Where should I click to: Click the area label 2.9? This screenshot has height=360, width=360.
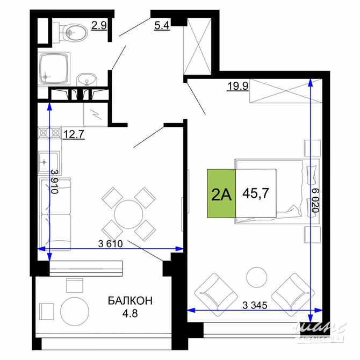click(x=98, y=25)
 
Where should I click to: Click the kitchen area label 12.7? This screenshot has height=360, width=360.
click(x=74, y=134)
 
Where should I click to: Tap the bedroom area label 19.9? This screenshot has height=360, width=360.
click(x=237, y=85)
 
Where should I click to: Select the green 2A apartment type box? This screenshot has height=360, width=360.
click(x=221, y=193)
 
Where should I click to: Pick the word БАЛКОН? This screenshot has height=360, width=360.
click(x=129, y=300)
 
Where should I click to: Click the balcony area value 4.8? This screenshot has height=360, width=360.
click(x=129, y=312)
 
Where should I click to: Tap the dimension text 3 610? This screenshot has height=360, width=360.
click(x=111, y=243)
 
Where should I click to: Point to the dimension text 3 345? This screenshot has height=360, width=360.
click(x=255, y=306)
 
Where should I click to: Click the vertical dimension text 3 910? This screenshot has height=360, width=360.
click(x=54, y=181)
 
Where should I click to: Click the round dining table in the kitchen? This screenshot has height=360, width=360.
click(x=129, y=213)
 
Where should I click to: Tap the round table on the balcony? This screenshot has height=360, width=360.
click(x=75, y=311)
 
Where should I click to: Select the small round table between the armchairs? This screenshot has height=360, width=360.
click(x=257, y=277)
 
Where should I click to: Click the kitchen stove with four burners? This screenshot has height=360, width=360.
click(x=49, y=132)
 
